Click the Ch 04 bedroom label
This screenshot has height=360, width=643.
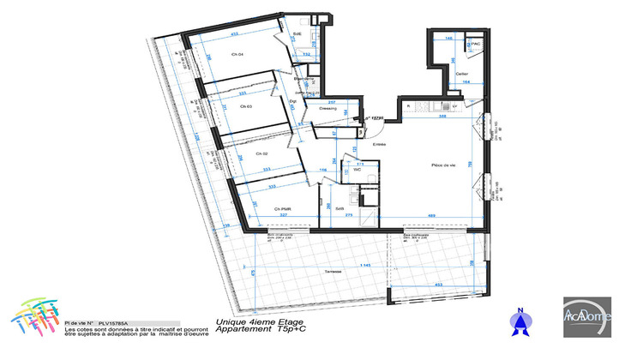(x=237, y=55)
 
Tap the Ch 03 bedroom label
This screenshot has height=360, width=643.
(x=246, y=106)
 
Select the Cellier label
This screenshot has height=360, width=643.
(x=463, y=74)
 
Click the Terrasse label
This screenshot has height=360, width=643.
(x=334, y=272)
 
